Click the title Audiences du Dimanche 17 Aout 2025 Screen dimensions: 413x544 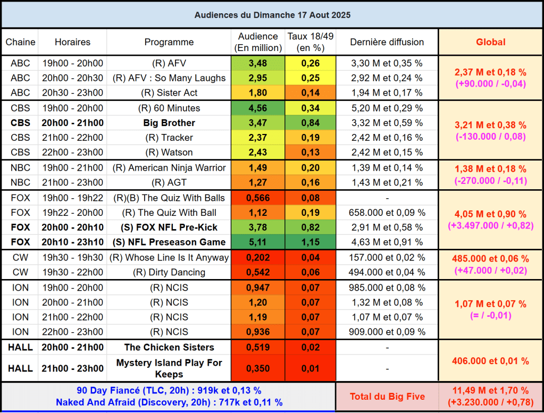tap(272, 15)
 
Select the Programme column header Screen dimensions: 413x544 tap(169, 42)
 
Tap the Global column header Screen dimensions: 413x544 tap(490, 42)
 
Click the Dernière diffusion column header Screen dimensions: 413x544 tap(387, 42)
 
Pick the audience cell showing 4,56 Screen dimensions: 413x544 tap(258, 108)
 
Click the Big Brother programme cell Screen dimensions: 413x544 tap(169, 123)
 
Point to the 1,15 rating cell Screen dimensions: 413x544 tap(310, 242)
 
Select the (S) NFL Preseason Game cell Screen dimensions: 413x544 tap(169, 242)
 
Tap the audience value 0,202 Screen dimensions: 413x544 tap(258, 258)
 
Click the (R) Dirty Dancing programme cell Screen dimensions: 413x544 tap(169, 273)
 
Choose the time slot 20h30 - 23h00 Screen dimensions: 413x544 tap(72, 93)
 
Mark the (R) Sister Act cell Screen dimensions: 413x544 tap(169, 93)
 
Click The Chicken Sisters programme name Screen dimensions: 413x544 tap(169, 348)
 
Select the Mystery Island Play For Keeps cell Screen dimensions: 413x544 tap(169, 368)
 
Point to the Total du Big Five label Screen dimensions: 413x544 tap(387, 397)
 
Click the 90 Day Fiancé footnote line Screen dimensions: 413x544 tap(169, 391)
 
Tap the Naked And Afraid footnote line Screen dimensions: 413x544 tap(169, 402)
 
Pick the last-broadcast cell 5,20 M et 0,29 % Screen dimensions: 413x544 tap(387, 108)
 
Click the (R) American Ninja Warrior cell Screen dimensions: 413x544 tap(169, 168)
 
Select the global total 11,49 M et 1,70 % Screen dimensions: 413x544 tap(490, 391)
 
